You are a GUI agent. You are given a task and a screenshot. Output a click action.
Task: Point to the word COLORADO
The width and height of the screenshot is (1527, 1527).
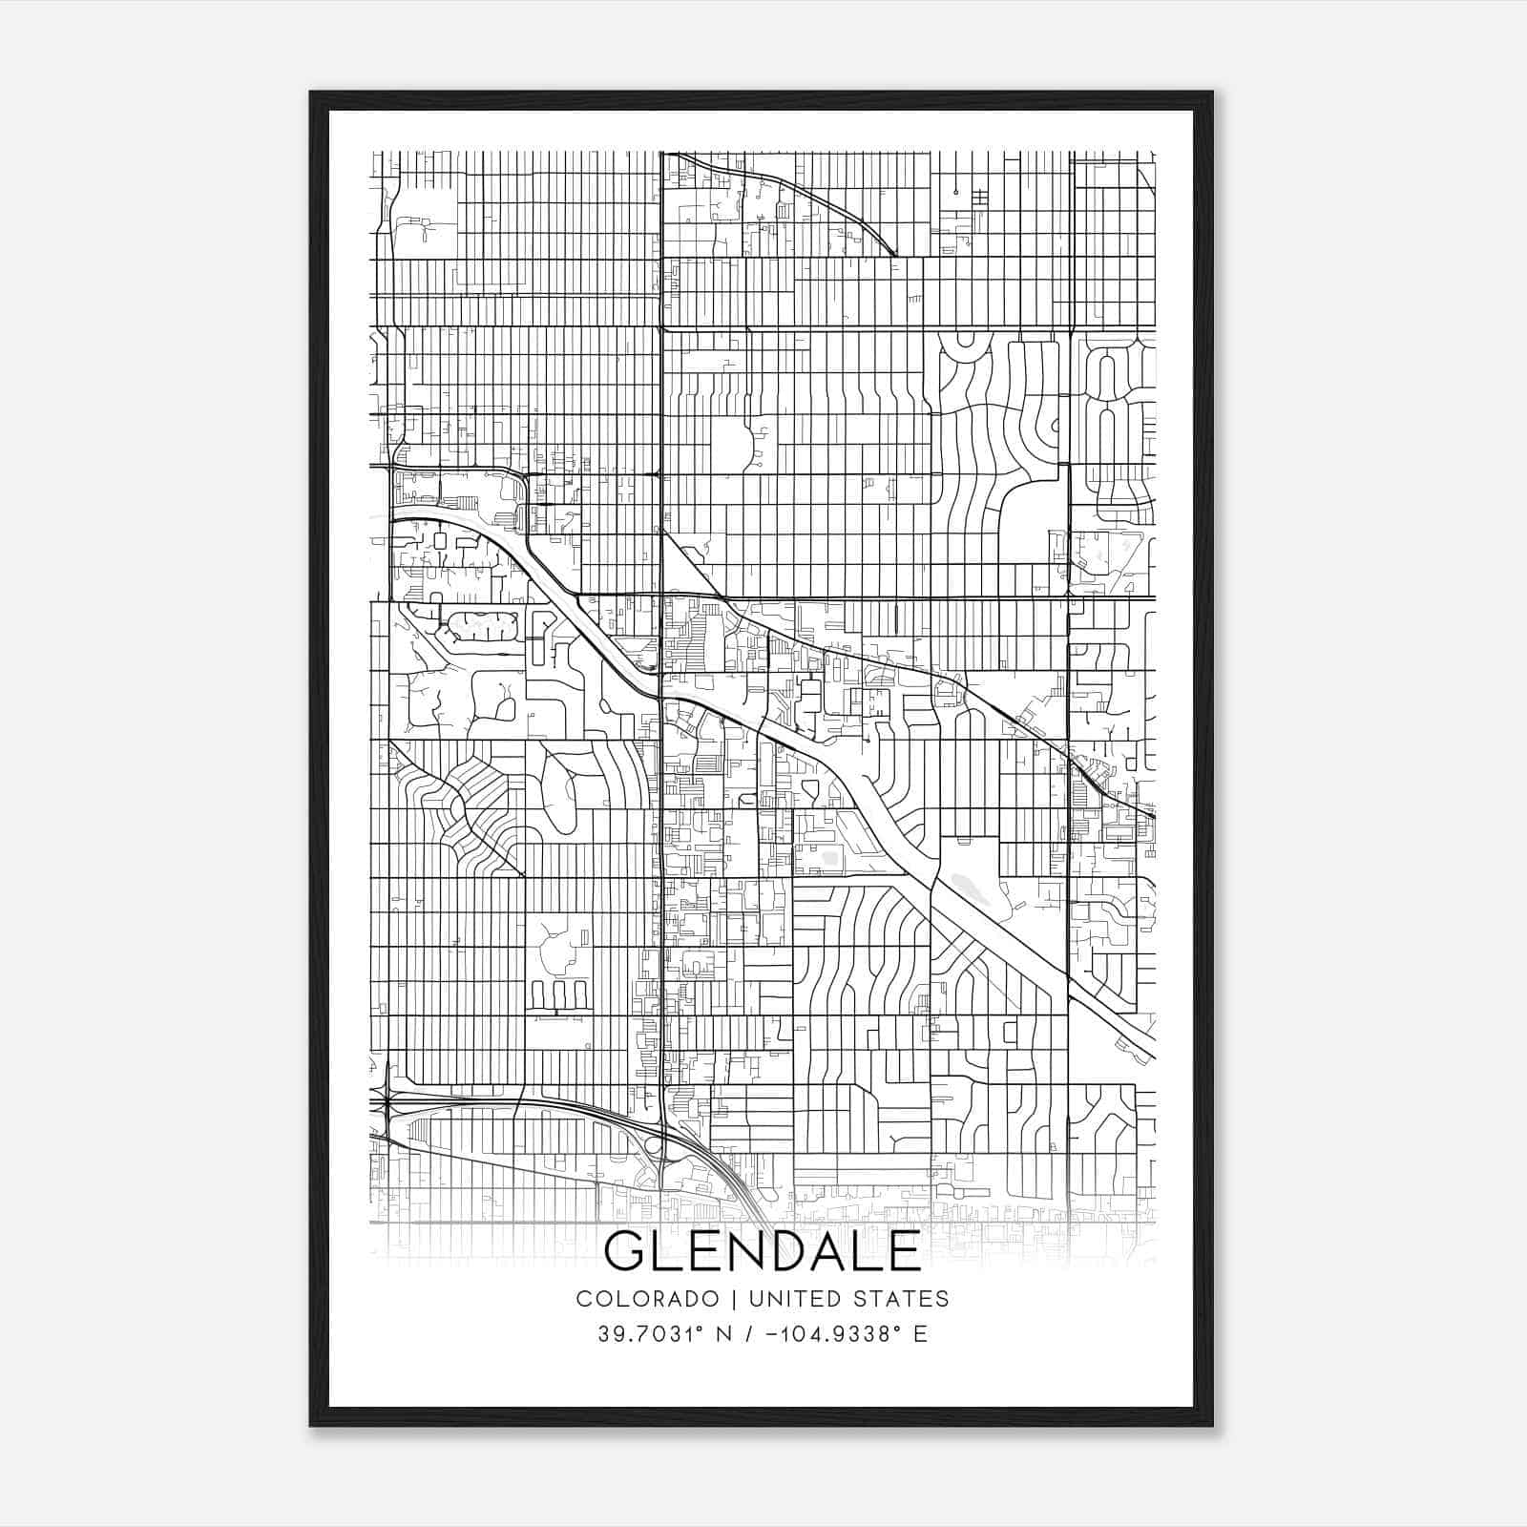point(646,1298)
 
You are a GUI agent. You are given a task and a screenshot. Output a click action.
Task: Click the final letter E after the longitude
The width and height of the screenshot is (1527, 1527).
point(919,1334)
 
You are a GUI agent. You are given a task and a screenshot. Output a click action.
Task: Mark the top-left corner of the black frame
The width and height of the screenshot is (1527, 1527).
point(312,94)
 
